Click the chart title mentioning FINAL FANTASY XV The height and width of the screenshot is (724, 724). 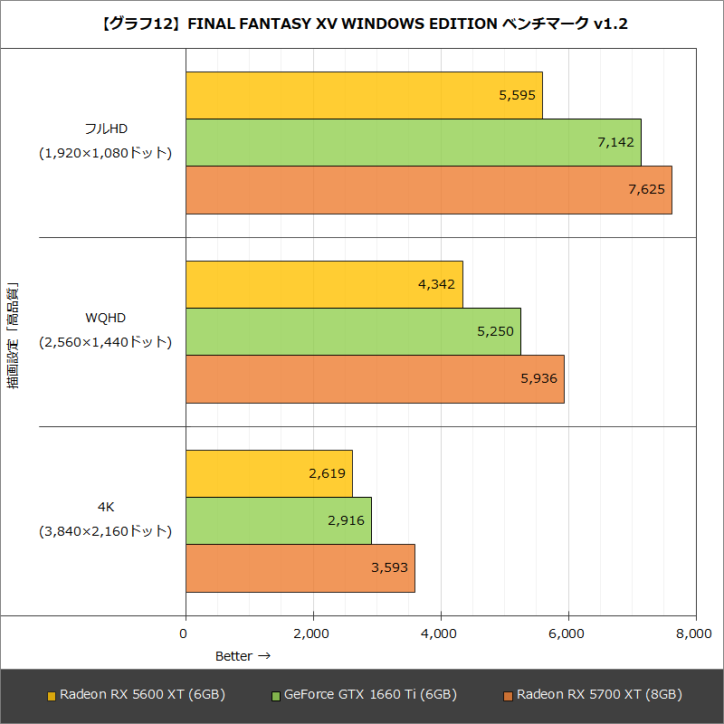362,24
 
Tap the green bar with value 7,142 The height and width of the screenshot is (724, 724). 413,142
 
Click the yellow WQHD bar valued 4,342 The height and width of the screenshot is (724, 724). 324,284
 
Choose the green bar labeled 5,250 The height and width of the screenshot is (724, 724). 353,331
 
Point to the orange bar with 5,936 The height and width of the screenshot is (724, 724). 375,378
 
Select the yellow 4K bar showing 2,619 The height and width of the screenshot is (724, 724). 269,473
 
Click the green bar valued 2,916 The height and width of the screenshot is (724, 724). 278,520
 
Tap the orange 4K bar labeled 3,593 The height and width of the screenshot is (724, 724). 300,567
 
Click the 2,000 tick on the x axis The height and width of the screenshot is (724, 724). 313,634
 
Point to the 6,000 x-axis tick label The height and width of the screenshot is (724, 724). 568,634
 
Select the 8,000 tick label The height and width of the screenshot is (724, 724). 695,634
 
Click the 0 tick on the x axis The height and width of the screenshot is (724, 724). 186,634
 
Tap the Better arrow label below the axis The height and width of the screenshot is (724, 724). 242,656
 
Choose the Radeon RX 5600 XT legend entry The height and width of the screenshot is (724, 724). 136,695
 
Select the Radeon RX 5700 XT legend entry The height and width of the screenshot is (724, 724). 593,695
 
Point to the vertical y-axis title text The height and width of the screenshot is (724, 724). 13,335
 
